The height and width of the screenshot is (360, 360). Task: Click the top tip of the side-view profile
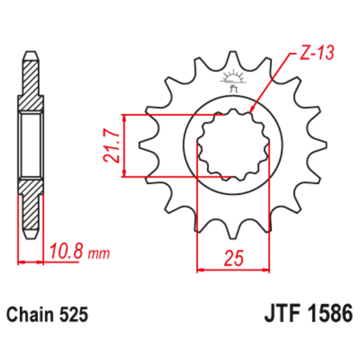tap(31, 55)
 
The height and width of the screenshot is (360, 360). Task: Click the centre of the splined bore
tap(232, 145)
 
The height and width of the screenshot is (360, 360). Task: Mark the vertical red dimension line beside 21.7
tap(124, 145)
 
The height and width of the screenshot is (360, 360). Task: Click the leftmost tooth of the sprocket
tap(143, 145)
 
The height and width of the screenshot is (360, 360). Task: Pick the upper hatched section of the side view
tap(31, 84)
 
